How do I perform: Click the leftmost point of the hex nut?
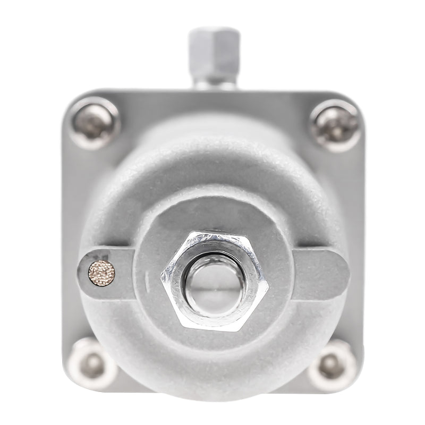pyautogui.click(x=161, y=274)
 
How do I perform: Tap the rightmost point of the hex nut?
pyautogui.click(x=268, y=287)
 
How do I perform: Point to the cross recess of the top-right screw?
pyautogui.click(x=336, y=125)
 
